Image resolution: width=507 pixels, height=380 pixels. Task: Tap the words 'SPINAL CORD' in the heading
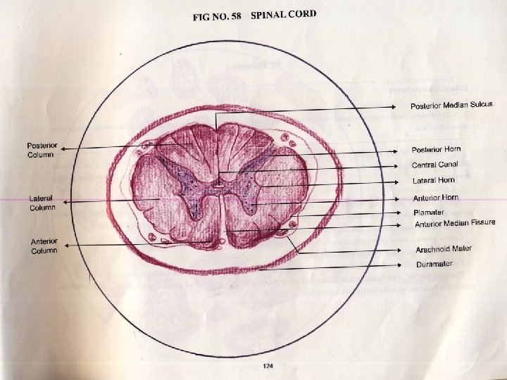click(283, 14)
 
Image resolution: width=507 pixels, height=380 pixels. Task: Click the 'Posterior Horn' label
click(436, 150)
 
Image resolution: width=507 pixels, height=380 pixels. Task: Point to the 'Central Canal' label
click(434, 165)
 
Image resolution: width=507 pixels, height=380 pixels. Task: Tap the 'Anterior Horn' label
click(435, 198)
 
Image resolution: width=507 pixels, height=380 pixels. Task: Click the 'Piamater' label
click(429, 212)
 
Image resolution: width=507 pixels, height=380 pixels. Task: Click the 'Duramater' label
click(434, 265)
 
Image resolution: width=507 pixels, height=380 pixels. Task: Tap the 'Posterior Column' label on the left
click(42, 150)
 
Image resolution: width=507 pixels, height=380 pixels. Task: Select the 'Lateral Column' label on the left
click(42, 203)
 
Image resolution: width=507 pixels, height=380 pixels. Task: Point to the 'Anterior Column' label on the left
click(44, 247)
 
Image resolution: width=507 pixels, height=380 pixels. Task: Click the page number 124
click(267, 365)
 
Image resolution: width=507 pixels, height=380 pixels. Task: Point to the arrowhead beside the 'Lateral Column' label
click(63, 201)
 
